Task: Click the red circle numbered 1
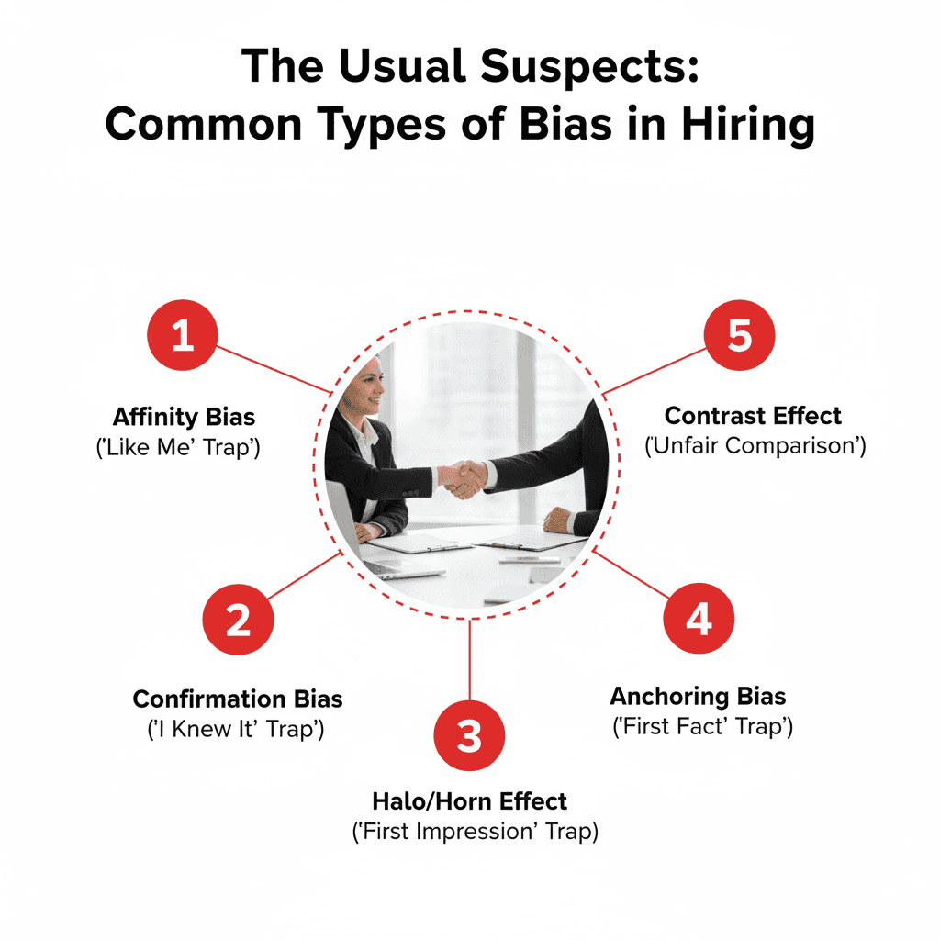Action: click(x=183, y=336)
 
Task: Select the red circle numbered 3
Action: click(x=469, y=735)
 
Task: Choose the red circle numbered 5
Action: click(x=739, y=336)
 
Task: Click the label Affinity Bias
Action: click(x=184, y=417)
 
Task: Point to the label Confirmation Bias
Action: click(x=238, y=699)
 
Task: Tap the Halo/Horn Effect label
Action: click(x=469, y=800)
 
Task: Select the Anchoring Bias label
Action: click(x=699, y=696)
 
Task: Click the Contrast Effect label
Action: click(x=753, y=416)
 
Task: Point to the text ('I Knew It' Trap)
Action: click(x=238, y=731)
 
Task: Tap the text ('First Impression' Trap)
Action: click(x=475, y=832)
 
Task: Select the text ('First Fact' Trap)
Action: click(x=702, y=727)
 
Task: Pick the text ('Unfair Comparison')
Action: click(x=755, y=447)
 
